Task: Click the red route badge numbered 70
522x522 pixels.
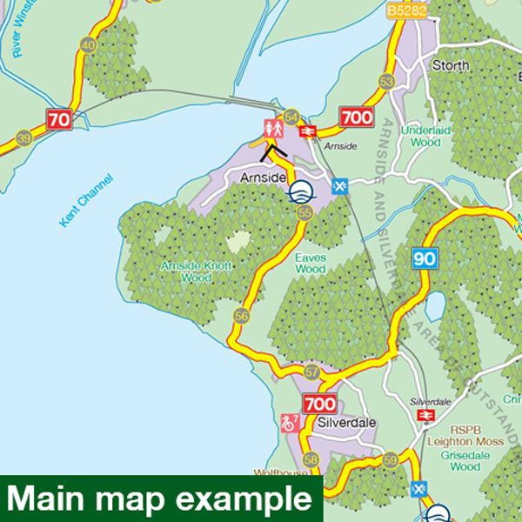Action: (x=59, y=119)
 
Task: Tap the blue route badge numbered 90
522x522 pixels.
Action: (x=425, y=258)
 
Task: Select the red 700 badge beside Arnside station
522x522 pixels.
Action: (x=357, y=117)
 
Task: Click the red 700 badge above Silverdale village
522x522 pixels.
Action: (x=319, y=404)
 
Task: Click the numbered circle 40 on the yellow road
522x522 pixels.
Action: (x=87, y=45)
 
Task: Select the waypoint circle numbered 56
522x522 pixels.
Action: (x=241, y=315)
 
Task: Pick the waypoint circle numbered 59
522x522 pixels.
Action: (x=390, y=459)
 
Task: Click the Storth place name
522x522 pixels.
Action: (x=451, y=65)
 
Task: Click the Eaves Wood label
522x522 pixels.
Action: (x=310, y=264)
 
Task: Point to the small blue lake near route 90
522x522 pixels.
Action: (x=434, y=305)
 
